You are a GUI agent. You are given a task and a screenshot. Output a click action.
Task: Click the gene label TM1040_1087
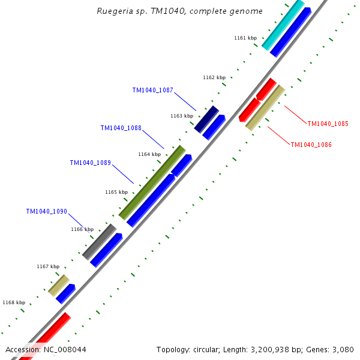point(152,90)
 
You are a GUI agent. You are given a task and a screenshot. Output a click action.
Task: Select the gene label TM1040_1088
point(121,128)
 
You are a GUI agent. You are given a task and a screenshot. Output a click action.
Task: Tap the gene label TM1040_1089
point(90,163)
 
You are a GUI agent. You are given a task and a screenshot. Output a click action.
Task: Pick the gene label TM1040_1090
point(46,211)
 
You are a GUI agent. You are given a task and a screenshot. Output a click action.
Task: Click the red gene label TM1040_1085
point(328,124)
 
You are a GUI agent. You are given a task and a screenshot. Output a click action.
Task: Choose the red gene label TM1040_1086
point(311,145)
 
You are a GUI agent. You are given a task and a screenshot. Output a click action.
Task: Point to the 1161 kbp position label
point(245,38)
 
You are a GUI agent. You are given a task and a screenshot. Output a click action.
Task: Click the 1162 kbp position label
point(214,77)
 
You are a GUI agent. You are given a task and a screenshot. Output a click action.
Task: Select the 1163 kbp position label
point(182,116)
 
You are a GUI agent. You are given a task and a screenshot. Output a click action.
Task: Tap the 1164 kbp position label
point(149,154)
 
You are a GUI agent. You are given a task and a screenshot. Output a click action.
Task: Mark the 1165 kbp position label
point(116,192)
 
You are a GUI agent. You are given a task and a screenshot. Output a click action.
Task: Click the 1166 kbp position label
point(82,229)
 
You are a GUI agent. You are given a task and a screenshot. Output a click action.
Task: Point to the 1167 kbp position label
point(48,266)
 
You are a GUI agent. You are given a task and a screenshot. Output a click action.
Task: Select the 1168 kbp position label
point(14,302)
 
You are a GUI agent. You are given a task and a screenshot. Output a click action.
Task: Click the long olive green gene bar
point(152,182)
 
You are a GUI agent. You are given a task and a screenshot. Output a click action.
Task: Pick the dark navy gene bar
point(206,119)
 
